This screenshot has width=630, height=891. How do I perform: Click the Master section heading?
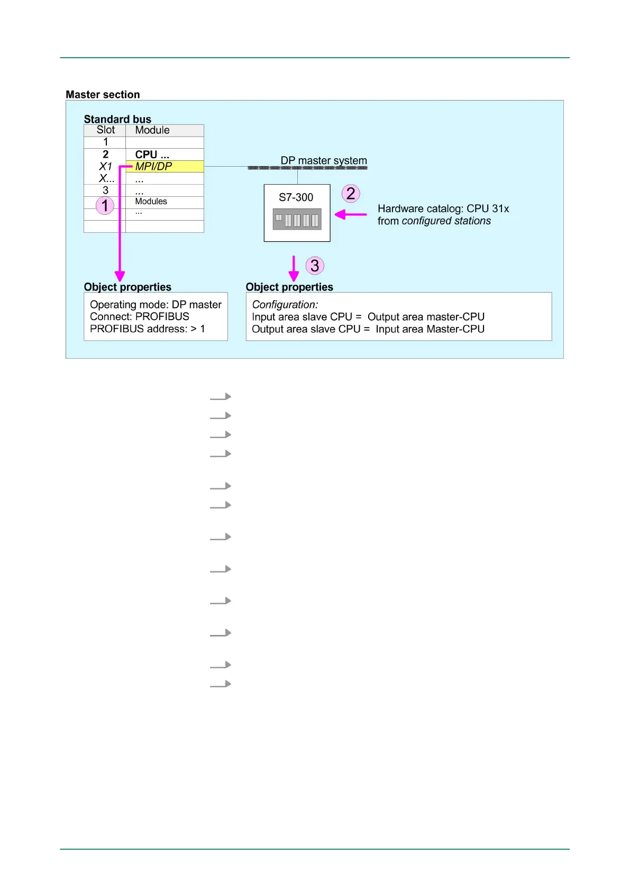[x=103, y=95]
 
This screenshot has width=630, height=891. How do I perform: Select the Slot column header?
[x=105, y=130]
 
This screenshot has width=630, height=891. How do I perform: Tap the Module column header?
[x=152, y=130]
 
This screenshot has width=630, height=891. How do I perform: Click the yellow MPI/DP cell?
[x=164, y=166]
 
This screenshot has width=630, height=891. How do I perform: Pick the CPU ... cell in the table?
[x=152, y=154]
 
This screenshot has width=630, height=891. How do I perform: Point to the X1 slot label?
[x=105, y=166]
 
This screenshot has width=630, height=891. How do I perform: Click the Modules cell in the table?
[x=151, y=202]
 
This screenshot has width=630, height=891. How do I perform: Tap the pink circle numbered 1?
[x=105, y=205]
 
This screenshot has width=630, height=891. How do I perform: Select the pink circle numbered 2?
[x=351, y=194]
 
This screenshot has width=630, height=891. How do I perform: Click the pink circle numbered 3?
[x=315, y=266]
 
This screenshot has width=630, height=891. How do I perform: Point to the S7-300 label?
[x=296, y=197]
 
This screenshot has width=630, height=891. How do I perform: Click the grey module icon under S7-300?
[x=297, y=219]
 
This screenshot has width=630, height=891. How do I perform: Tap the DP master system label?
[x=323, y=160]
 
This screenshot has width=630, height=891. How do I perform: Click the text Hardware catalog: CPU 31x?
[x=443, y=209]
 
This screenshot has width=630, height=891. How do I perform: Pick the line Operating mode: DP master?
[x=156, y=305]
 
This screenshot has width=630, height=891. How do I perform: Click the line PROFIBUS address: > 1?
[x=147, y=329]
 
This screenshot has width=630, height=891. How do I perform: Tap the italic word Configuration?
[x=285, y=305]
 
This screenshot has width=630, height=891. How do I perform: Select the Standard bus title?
[x=117, y=119]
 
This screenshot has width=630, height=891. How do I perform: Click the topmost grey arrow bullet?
[x=221, y=397]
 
